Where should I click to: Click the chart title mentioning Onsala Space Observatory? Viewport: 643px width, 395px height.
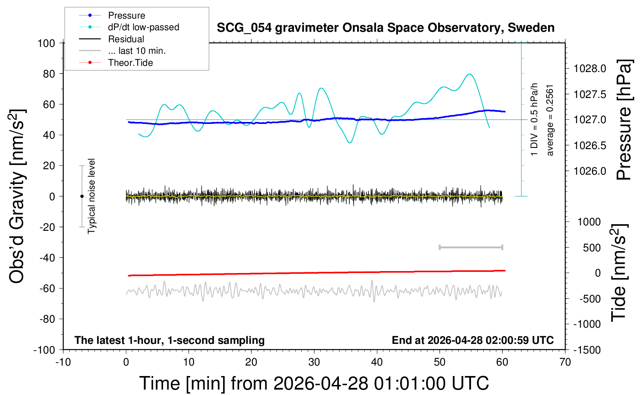click(x=385, y=28)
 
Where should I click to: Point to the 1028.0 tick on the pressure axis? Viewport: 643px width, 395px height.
click(x=590, y=69)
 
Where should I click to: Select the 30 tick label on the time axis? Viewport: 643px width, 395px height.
click(x=314, y=362)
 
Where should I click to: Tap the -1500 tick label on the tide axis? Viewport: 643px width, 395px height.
click(x=587, y=350)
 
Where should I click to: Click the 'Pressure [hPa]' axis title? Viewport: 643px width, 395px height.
click(x=624, y=120)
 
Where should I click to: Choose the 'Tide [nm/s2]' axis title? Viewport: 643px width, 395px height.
click(x=619, y=273)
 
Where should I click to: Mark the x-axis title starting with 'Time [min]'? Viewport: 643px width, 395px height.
click(x=314, y=383)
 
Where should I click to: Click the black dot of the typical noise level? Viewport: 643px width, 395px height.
click(x=82, y=196)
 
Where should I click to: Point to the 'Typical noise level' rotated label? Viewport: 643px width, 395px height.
click(x=91, y=196)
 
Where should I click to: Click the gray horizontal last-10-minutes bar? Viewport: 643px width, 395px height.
click(x=471, y=247)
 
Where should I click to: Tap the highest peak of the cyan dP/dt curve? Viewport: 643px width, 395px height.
click(x=469, y=74)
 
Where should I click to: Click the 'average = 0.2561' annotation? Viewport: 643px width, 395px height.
click(x=549, y=120)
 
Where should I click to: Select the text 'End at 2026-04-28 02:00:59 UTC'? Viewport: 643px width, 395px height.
click(x=473, y=340)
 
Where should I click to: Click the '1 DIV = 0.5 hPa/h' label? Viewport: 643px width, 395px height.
click(x=534, y=120)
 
